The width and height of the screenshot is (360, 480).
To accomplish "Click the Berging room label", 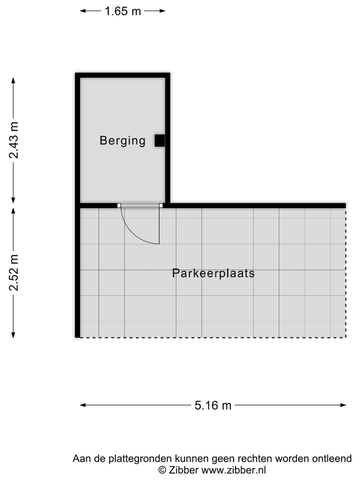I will point(122,140).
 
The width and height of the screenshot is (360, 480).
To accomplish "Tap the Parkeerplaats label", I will point(213,273).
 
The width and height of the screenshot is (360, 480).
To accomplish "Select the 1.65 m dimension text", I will point(122,11).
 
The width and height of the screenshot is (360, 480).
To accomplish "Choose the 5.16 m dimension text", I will point(213,405).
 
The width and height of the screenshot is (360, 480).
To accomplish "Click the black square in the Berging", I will point(159,141).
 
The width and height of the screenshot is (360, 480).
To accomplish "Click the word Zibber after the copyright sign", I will point(184,470).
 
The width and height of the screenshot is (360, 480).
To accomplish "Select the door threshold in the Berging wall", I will point(140,205).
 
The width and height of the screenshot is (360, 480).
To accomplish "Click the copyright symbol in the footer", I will point(162,470).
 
